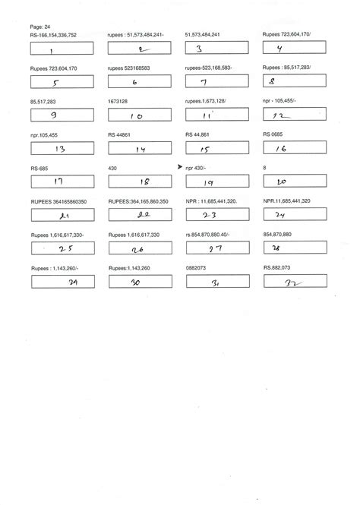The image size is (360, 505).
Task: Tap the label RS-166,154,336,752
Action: (53, 34)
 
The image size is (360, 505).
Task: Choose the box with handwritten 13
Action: (62, 150)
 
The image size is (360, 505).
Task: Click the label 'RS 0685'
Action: (273, 134)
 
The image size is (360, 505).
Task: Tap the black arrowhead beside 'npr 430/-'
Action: (180, 166)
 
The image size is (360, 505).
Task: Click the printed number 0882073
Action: (196, 267)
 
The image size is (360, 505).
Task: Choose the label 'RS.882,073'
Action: (279, 267)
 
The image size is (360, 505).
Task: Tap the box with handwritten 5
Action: (62, 83)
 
